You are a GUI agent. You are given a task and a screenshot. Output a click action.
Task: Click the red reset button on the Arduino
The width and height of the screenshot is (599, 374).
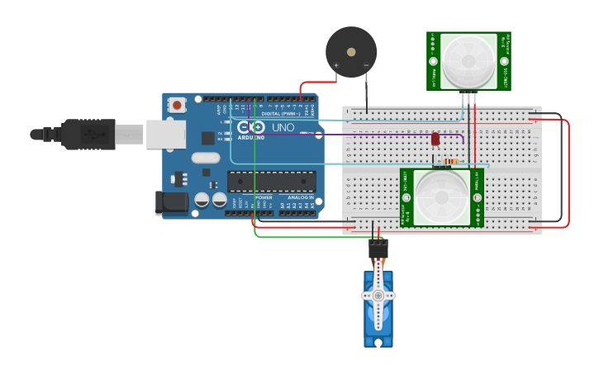(x=177, y=105)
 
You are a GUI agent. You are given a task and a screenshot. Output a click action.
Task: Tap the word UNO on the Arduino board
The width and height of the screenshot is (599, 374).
(x=283, y=127)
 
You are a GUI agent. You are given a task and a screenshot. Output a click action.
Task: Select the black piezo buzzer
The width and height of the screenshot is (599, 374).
(x=351, y=52)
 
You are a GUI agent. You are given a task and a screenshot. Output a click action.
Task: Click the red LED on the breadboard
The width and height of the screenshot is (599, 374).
(x=435, y=140)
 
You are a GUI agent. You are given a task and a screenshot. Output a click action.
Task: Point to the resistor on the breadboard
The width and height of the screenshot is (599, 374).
(x=450, y=161)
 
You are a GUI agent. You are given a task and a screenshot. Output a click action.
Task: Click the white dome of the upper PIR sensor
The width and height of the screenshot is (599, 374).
(x=468, y=62)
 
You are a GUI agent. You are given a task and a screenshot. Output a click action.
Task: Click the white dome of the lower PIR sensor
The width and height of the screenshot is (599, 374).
(x=441, y=197)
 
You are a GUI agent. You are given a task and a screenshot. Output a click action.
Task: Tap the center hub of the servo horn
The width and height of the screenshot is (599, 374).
(x=378, y=295)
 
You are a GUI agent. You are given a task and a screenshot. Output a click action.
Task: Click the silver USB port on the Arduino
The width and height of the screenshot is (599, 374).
(x=165, y=134)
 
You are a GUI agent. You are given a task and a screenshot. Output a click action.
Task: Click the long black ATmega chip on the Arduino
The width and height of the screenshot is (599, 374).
(x=271, y=182)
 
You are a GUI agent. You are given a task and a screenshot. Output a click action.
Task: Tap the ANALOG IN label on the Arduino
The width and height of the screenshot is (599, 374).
(x=301, y=198)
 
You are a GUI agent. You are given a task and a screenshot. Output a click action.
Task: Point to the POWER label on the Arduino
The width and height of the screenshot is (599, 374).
(x=264, y=198)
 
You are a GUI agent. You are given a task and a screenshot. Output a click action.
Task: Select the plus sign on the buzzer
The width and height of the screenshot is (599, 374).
(x=335, y=64)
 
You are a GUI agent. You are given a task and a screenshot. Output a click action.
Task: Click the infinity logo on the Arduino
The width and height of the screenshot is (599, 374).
(x=250, y=127)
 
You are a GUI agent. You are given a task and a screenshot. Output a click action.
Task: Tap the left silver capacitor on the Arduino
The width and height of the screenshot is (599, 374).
(x=202, y=200)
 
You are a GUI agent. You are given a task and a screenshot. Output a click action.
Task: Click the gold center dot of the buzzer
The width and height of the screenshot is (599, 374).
(x=351, y=51)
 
